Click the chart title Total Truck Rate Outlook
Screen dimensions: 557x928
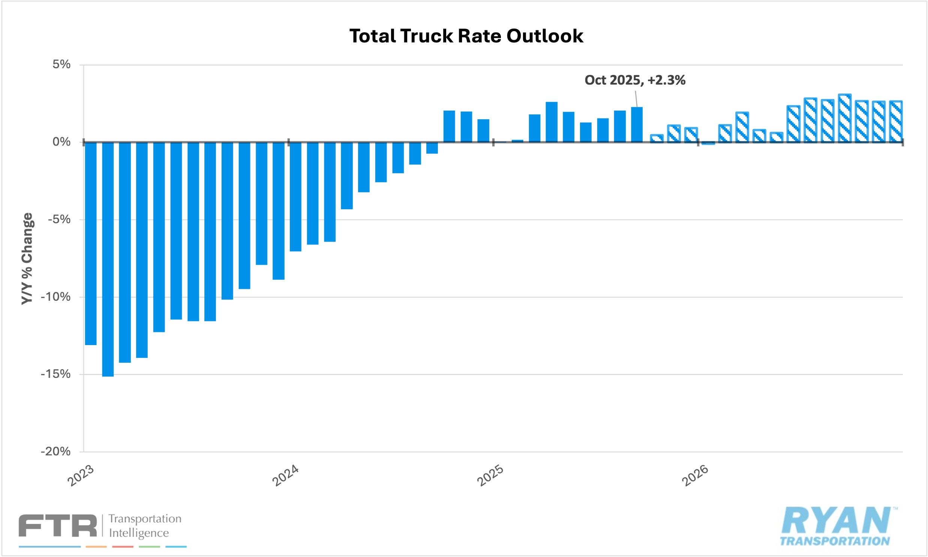(x=466, y=36)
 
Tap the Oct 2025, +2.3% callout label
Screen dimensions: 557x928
(x=635, y=80)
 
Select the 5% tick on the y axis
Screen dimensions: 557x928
(x=61, y=64)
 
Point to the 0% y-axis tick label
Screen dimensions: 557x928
(x=61, y=142)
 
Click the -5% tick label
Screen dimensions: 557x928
(x=59, y=219)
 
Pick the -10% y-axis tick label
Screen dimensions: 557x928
(x=55, y=297)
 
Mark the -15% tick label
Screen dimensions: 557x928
(x=55, y=374)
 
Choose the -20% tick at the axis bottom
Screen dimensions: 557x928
(x=55, y=451)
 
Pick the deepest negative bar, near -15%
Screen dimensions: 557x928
(x=108, y=259)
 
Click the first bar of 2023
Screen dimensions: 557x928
(x=91, y=243)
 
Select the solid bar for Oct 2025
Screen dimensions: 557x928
(x=637, y=125)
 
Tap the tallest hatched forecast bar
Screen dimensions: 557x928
(x=845, y=118)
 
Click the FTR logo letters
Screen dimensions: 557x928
(x=58, y=525)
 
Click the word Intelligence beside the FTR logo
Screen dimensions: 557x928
(x=139, y=533)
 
